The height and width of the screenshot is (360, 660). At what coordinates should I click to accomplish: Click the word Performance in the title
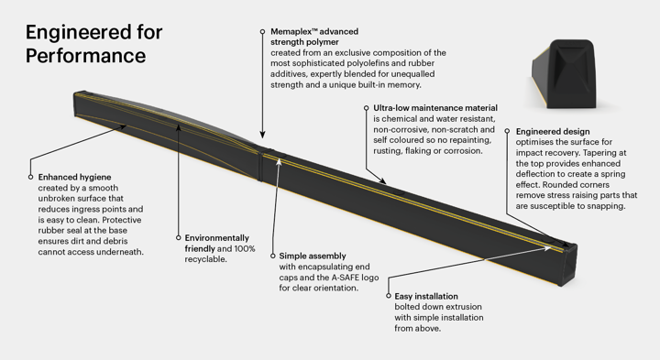85,56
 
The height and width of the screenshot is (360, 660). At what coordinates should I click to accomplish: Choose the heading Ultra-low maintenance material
434,108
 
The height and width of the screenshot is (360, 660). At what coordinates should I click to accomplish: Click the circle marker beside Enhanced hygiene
30,176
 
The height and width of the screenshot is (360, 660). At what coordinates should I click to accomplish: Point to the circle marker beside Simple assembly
272,256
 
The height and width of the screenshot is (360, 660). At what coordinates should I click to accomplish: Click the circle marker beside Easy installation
389,295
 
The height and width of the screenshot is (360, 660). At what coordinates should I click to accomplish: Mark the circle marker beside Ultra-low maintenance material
366,108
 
